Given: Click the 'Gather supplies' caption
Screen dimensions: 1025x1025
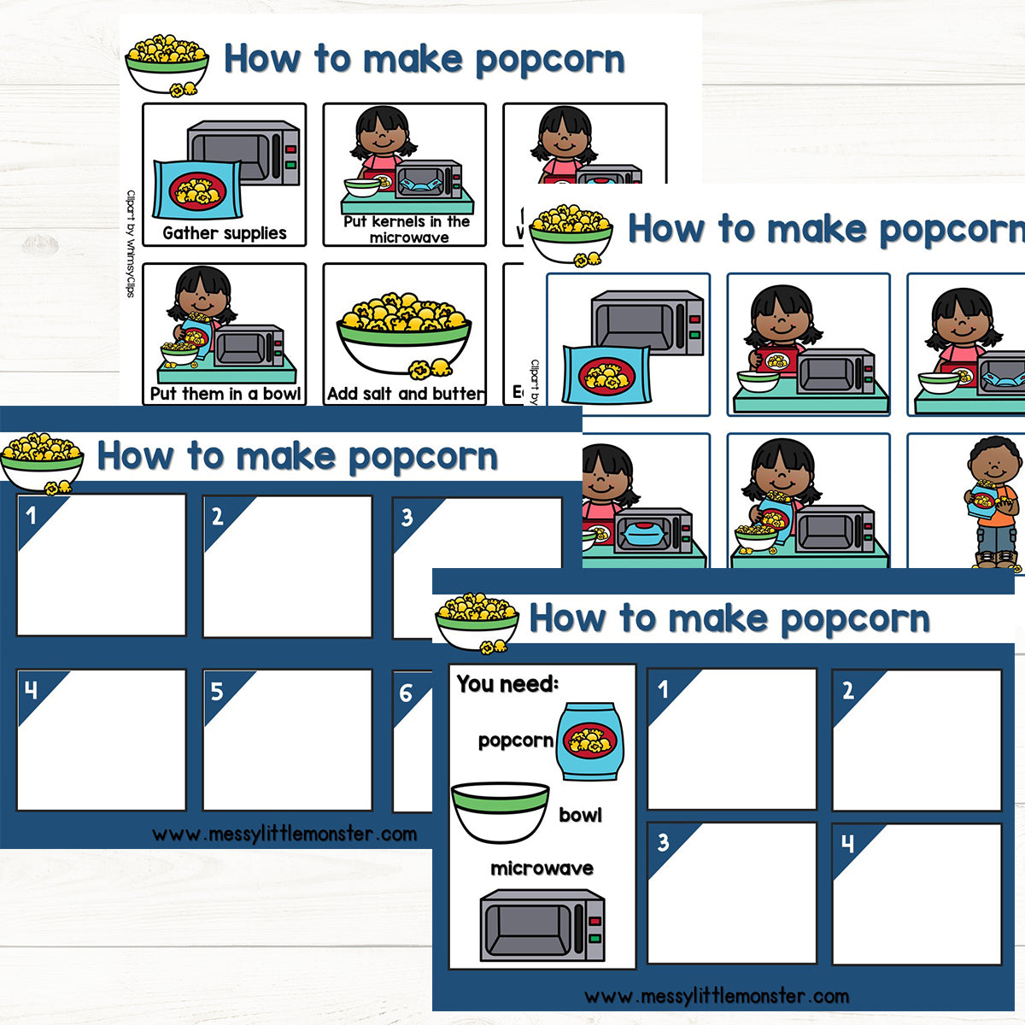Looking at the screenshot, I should coord(225,233).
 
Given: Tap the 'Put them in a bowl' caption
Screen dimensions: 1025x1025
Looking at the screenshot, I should coord(225,394).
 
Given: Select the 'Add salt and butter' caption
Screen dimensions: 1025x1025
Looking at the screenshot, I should coord(405,394).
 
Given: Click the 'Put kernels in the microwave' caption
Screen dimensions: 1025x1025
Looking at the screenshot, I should coord(407,229).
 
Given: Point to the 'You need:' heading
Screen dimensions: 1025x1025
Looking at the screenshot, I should coord(507,683).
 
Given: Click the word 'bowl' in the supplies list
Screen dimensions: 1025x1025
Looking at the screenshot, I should coord(580,815).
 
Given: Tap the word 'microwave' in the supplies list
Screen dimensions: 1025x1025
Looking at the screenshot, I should coord(542,869).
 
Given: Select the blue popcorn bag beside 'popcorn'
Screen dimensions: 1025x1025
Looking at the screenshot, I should coord(589,741).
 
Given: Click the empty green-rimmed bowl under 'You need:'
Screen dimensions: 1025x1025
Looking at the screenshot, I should coord(500,811).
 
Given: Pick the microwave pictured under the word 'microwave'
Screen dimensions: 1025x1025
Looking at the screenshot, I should coord(542,927).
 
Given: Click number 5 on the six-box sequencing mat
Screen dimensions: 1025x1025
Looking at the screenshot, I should coord(217,691).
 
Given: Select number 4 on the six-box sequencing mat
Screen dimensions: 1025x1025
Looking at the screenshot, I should coord(32,690).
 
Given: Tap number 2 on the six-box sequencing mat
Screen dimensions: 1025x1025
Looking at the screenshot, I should coord(217,516).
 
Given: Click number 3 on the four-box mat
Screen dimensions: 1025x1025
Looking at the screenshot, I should coord(663,843).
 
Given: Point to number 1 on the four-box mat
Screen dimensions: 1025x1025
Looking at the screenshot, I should coord(663,689).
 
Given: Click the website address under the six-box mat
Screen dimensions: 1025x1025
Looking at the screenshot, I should coord(284,834).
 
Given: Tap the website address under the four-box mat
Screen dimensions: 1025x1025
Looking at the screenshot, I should coord(717,996).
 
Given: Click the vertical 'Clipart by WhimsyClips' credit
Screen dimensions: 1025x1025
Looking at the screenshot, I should coord(131,243).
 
